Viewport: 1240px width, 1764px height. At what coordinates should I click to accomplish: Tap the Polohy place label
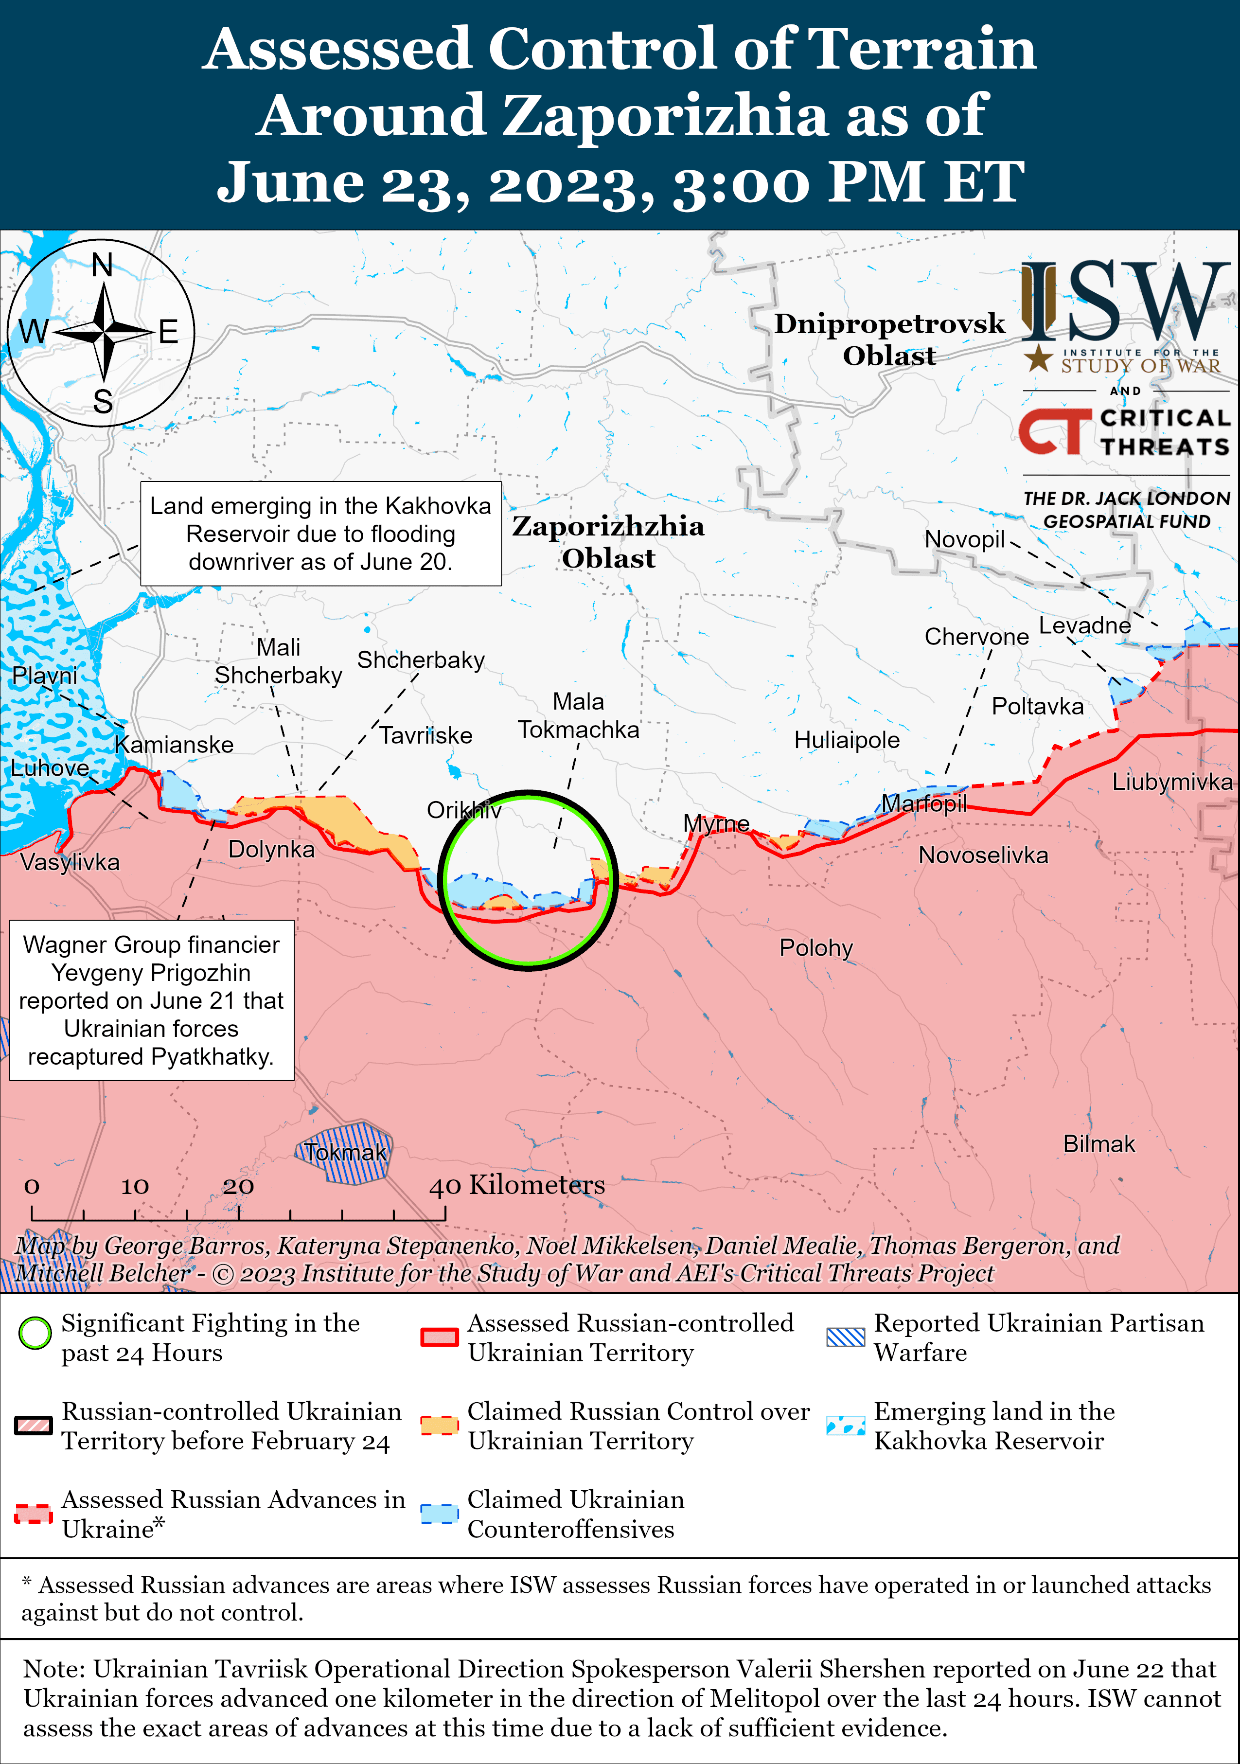(x=816, y=948)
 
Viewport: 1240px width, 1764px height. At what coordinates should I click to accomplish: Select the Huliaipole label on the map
(x=847, y=740)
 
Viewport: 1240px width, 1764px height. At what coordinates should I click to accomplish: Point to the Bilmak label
(x=1098, y=1144)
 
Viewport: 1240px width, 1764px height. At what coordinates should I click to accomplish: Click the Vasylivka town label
(x=70, y=862)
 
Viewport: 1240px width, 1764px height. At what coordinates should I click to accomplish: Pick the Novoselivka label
(x=983, y=855)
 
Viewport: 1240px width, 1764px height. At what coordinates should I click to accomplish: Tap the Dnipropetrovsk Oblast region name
(x=889, y=339)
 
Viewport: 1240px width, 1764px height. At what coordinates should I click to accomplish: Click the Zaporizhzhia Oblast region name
(x=608, y=542)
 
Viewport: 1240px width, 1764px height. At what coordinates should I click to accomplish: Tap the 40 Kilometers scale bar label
(x=517, y=1185)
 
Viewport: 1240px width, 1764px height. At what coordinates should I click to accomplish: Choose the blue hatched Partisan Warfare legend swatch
(x=845, y=1337)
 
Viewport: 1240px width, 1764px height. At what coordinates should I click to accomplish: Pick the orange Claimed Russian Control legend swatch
(x=440, y=1425)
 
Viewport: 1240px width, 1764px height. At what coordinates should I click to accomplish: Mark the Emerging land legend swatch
(x=845, y=1425)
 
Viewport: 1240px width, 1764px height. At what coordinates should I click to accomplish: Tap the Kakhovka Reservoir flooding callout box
(x=320, y=534)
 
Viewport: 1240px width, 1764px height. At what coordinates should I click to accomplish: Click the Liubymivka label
(x=1172, y=782)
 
